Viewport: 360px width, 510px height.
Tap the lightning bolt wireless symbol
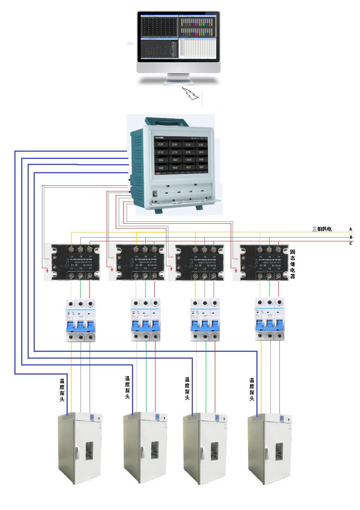[190, 93]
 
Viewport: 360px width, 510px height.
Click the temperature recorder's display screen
[181, 155]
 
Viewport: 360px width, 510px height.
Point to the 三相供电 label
[322, 229]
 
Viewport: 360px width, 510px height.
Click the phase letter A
[351, 229]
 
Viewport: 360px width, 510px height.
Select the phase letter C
[351, 243]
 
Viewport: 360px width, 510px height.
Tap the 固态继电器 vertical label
[293, 264]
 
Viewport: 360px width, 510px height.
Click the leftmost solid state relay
[73, 262]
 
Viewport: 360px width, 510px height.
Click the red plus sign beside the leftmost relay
[47, 271]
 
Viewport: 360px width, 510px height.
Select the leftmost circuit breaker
[81, 320]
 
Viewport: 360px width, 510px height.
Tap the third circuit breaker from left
[205, 320]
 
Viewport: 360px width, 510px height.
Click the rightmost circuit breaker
[270, 320]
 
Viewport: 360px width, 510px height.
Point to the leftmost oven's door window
[89, 451]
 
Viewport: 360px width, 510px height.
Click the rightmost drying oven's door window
[279, 452]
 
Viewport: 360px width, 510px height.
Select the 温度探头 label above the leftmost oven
[62, 390]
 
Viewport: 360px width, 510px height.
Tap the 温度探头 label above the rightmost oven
[252, 389]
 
